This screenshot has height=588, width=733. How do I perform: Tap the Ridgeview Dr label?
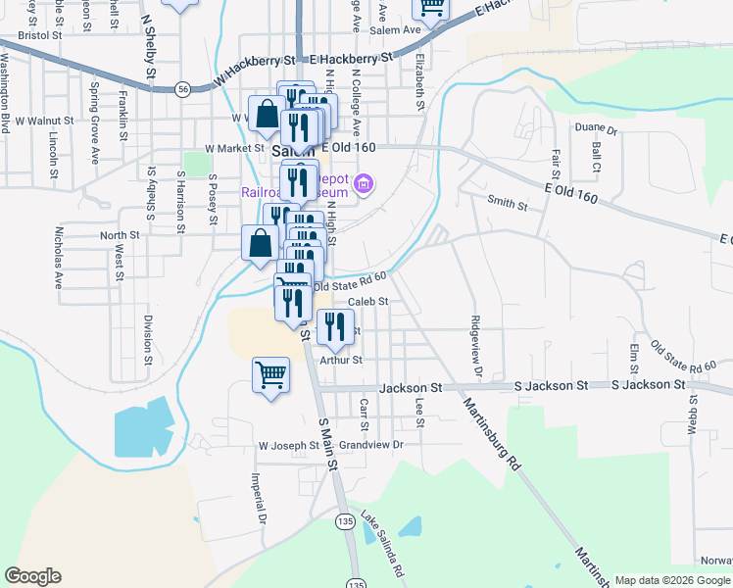(x=475, y=346)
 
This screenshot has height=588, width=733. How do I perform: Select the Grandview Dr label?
(x=371, y=445)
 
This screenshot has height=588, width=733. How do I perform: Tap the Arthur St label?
(x=341, y=360)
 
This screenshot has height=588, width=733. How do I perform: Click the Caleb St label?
(x=368, y=302)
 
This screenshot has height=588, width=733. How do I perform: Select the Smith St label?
(x=508, y=206)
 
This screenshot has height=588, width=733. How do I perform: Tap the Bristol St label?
(x=40, y=33)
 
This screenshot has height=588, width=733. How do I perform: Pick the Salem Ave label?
(x=395, y=29)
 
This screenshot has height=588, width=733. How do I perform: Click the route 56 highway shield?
(x=183, y=88)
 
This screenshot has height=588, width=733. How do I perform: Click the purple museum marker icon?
(x=365, y=183)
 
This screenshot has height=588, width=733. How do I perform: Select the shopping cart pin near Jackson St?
(x=271, y=374)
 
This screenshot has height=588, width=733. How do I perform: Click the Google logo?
(x=32, y=576)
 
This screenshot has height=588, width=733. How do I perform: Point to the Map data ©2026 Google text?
(x=671, y=580)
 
